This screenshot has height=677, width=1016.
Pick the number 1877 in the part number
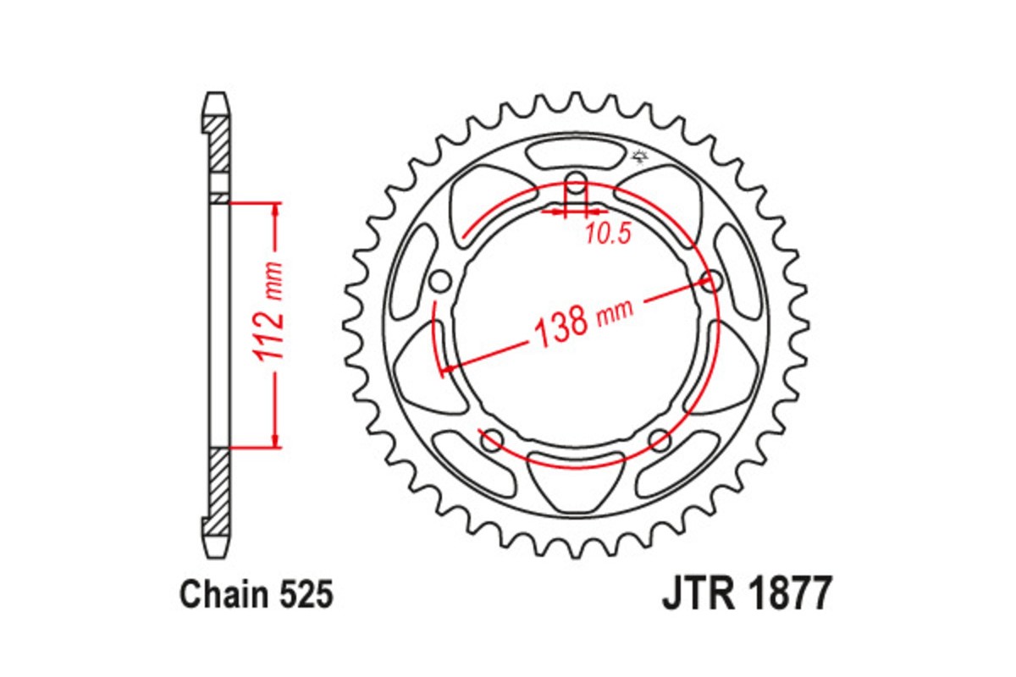pyautogui.click(x=788, y=595)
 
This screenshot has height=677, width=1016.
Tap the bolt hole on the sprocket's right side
pyautogui.click(x=712, y=280)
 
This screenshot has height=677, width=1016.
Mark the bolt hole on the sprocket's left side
pyautogui.click(x=439, y=280)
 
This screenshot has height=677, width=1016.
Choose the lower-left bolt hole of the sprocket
pyautogui.click(x=492, y=437)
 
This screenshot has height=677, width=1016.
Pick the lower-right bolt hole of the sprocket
pyautogui.click(x=660, y=437)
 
